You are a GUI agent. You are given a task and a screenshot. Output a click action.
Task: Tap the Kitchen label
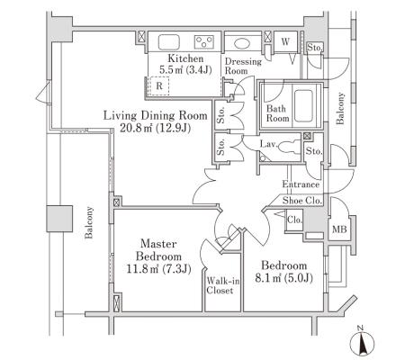[x=185, y=58]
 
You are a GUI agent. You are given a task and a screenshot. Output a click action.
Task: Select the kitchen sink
[x=169, y=42]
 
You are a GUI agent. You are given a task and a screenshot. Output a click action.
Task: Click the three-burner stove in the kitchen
[x=204, y=42]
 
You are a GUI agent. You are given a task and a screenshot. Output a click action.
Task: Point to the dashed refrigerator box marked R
[x=159, y=85]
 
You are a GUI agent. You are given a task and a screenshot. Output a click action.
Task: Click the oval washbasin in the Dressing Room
[x=242, y=44]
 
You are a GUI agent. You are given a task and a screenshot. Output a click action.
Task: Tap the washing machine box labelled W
[x=285, y=41]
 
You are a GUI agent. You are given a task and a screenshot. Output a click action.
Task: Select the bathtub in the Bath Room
[x=303, y=105]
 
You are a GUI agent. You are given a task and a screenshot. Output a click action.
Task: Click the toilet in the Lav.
[x=288, y=148]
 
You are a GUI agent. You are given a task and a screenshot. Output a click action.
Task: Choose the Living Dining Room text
[x=155, y=115]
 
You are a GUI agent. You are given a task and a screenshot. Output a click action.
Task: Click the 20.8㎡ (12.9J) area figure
[x=155, y=128]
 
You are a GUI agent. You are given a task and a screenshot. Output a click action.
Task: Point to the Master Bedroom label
[x=158, y=250]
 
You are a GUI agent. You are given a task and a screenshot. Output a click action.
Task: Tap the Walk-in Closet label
[x=223, y=285]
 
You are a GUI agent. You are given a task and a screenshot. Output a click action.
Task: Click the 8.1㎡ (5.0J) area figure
[x=283, y=278]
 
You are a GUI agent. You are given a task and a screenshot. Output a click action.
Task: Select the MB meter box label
[x=339, y=229]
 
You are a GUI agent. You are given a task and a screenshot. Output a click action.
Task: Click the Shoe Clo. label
[x=302, y=201]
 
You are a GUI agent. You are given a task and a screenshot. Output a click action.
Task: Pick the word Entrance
[x=301, y=184]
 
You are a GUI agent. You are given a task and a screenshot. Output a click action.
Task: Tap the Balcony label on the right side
[x=340, y=108]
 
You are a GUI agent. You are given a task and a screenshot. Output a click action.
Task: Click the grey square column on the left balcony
[x=59, y=219]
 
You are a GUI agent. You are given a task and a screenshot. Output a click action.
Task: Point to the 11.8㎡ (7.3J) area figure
[x=158, y=268]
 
